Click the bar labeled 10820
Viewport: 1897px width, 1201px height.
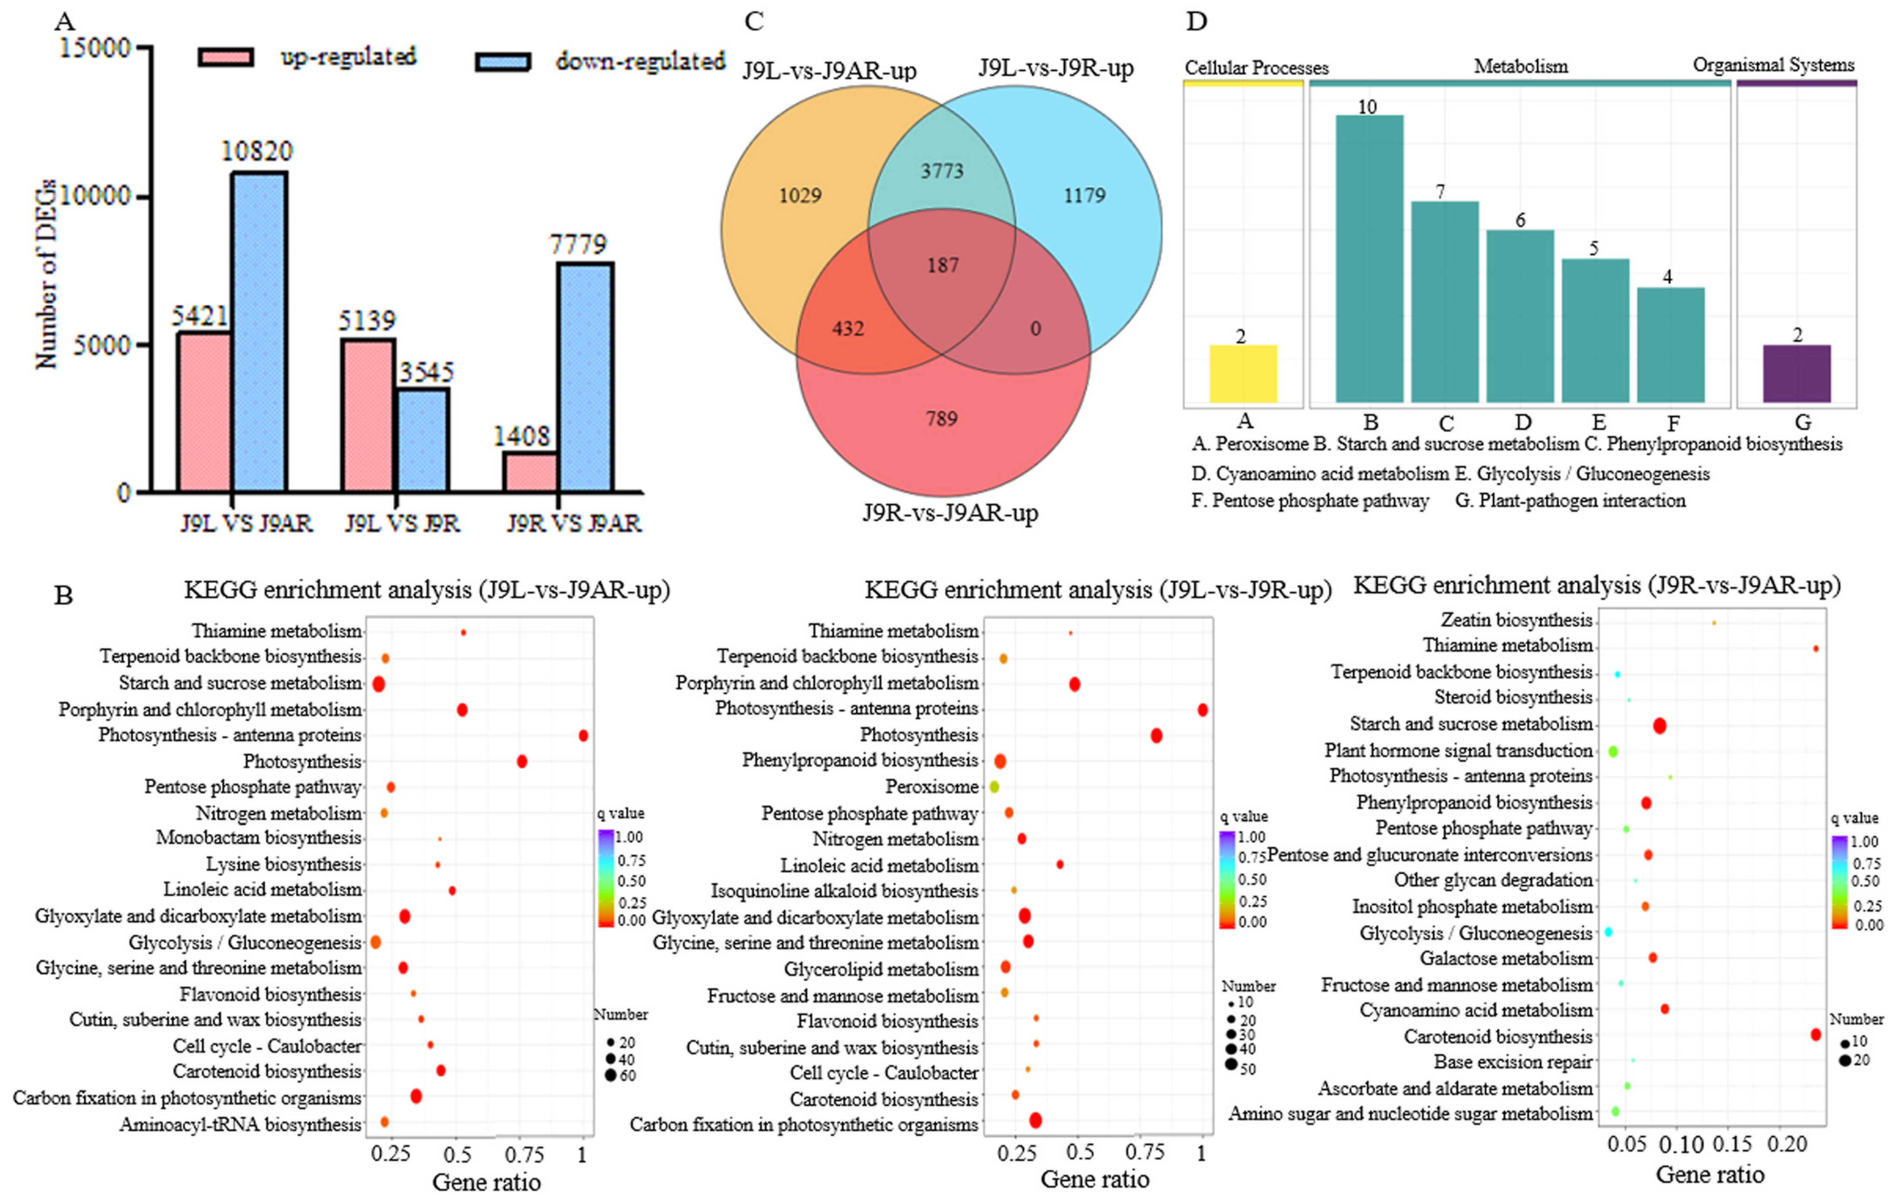pos(258,331)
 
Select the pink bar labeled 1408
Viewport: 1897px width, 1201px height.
pos(530,471)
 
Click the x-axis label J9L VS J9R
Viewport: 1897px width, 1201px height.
pos(402,523)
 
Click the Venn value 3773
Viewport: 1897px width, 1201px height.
pos(942,171)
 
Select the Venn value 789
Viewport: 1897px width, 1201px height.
pos(942,418)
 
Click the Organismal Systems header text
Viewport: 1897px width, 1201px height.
pos(1773,66)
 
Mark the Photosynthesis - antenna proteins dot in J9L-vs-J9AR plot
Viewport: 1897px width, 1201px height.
pos(583,735)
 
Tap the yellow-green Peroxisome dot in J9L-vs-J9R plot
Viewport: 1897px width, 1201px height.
pos(994,787)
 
